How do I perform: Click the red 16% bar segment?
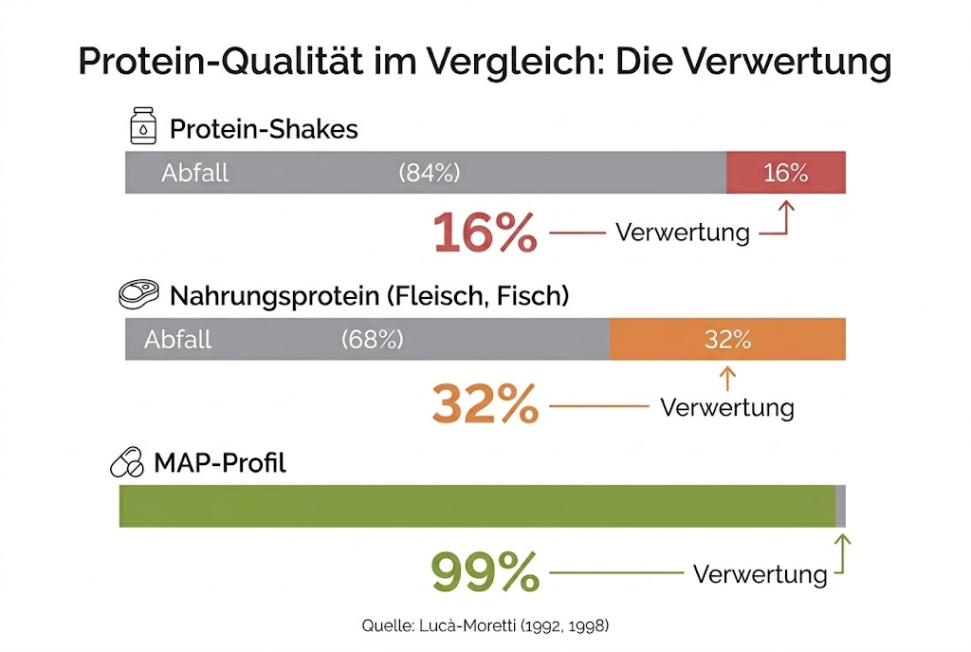786,173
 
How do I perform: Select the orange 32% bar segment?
727,340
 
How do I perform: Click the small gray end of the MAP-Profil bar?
840,506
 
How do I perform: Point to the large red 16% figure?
485,233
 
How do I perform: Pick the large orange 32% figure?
485,405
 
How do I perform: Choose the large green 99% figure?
485,572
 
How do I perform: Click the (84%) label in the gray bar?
430,173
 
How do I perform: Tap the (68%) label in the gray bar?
373,340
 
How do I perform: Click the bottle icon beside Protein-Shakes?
143,127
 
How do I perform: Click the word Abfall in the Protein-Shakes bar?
195,173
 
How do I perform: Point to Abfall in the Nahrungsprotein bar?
178,340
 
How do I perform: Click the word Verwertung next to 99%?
760,574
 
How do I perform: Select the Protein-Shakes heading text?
264,128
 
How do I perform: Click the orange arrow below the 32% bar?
727,379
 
